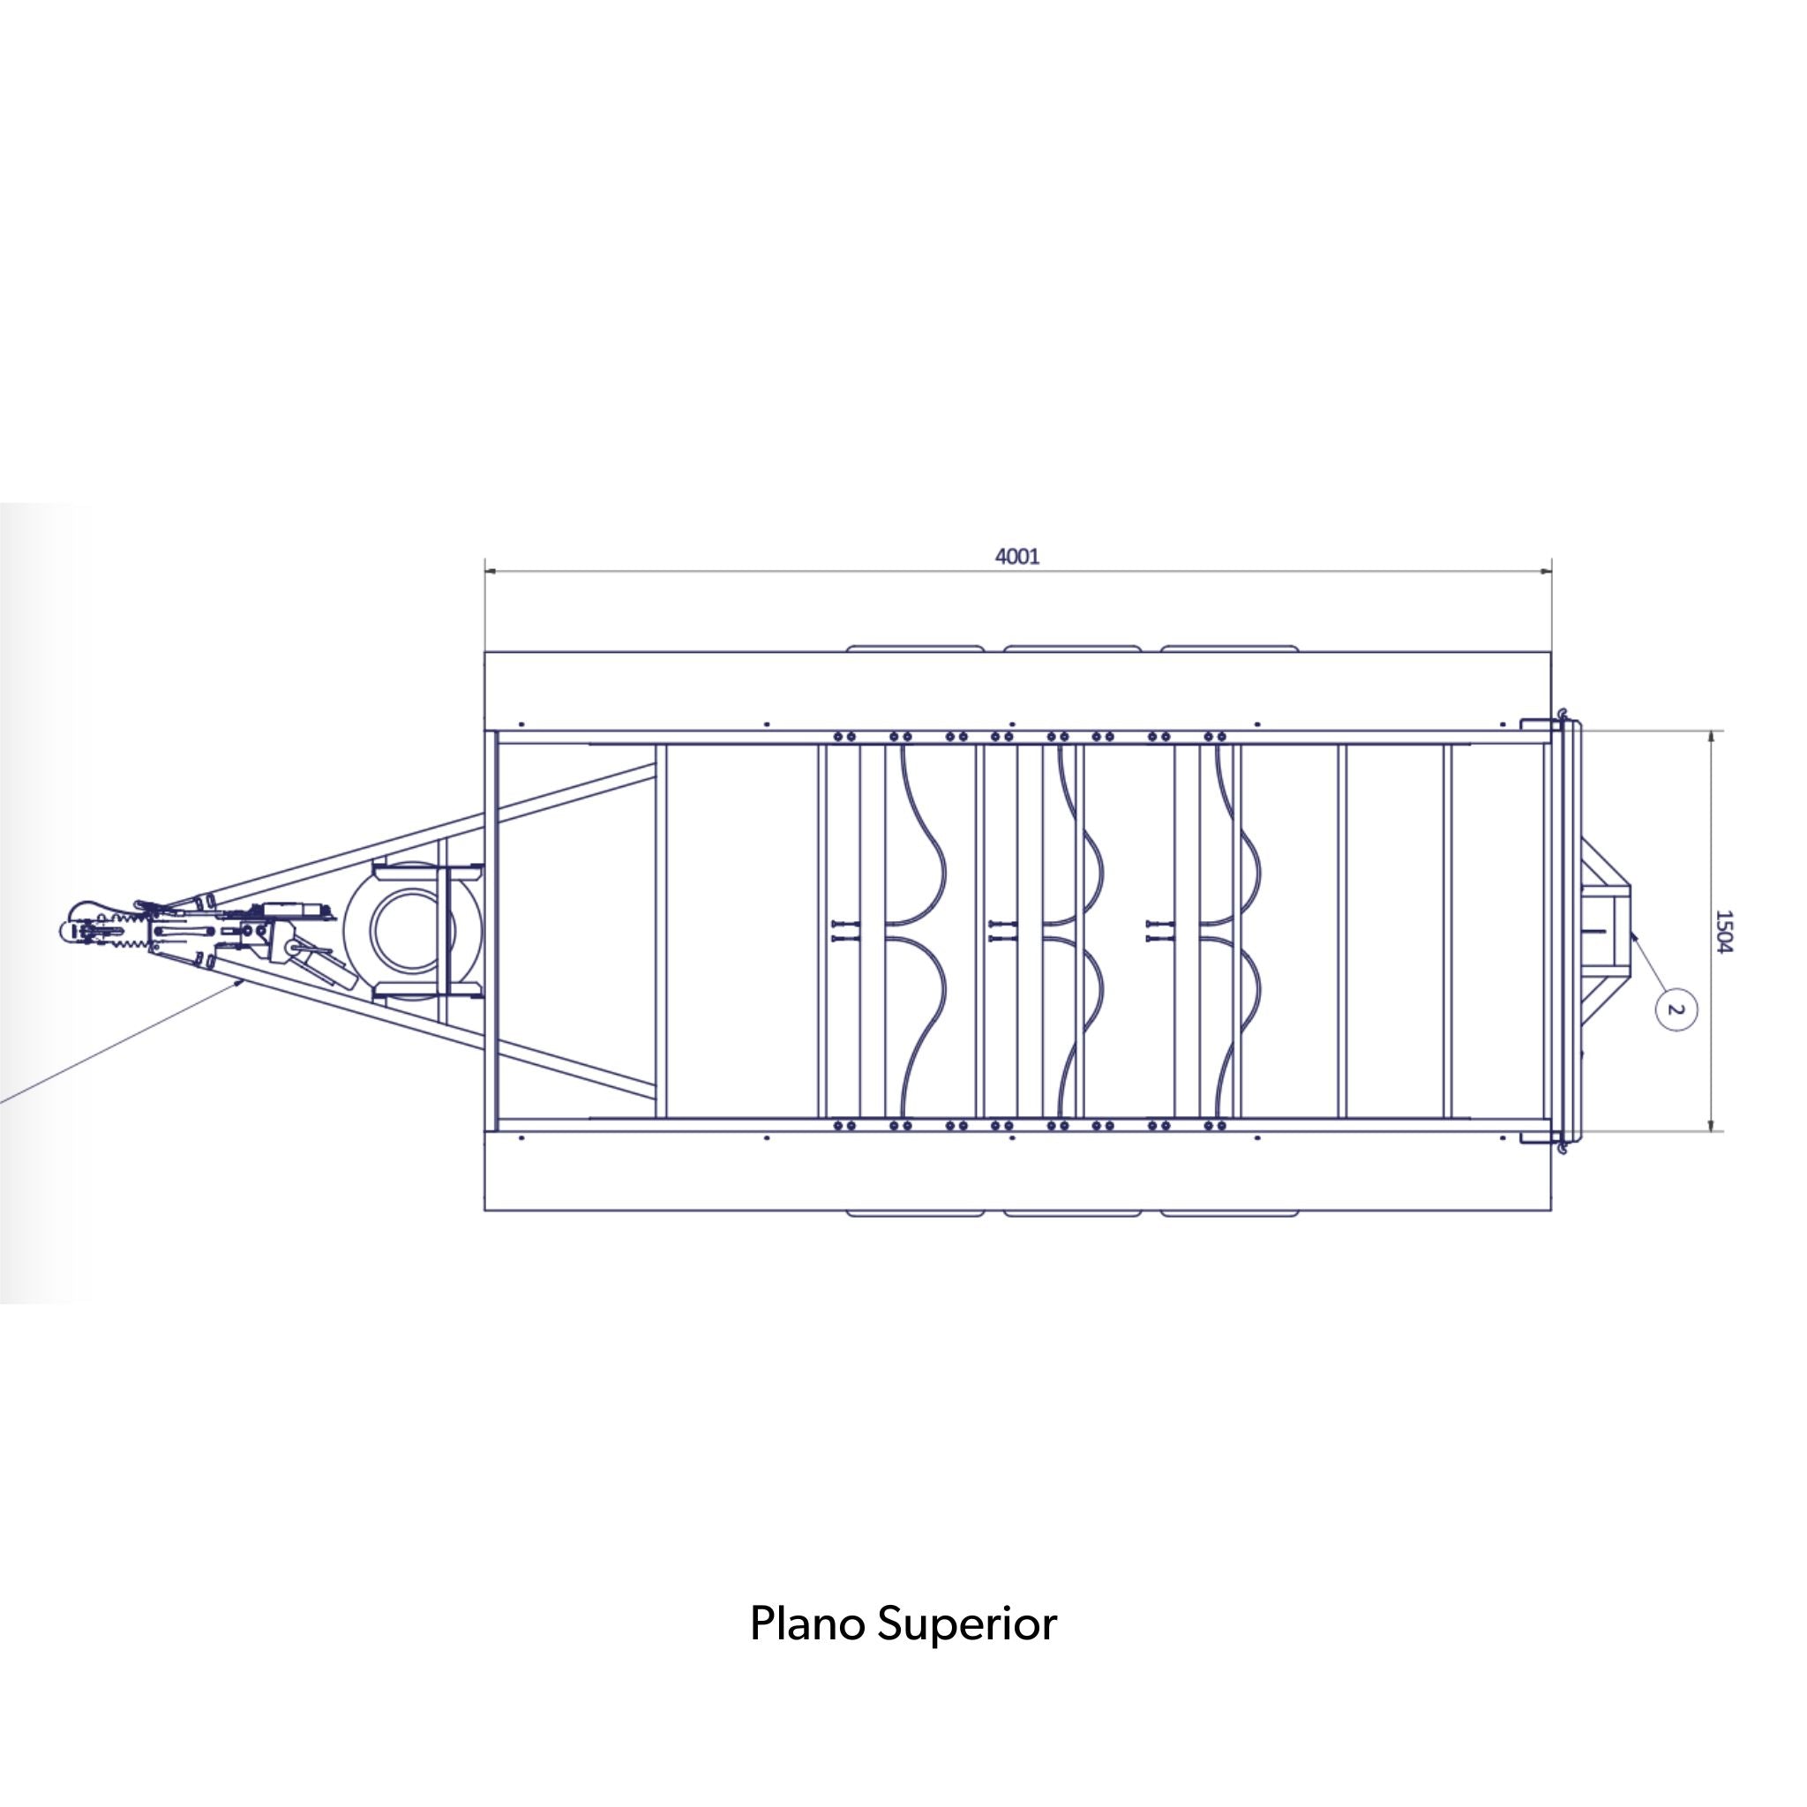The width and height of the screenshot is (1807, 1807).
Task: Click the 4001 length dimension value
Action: click(1016, 557)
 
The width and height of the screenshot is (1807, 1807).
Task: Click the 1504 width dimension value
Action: click(1724, 932)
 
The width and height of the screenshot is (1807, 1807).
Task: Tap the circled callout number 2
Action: click(1676, 1010)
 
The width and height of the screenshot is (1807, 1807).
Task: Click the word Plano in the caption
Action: click(807, 1623)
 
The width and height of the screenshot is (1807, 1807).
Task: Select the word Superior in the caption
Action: click(967, 1625)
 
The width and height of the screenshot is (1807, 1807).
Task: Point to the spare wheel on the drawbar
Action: click(411, 930)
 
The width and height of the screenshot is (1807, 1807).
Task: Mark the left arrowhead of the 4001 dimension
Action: click(490, 571)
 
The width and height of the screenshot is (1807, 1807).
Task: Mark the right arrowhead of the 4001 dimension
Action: click(1546, 571)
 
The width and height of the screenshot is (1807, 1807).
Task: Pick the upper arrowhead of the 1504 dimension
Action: click(1712, 736)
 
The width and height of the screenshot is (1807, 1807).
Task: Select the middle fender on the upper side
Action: click(1072, 648)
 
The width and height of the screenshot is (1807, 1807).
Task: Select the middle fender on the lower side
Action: click(1072, 1214)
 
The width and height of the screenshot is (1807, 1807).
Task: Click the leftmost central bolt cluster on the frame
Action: click(844, 930)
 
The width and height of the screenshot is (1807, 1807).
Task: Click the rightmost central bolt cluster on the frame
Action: click(1159, 930)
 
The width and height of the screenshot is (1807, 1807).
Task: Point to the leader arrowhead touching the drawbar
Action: click(243, 983)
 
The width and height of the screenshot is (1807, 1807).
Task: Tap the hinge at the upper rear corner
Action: click(1560, 720)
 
